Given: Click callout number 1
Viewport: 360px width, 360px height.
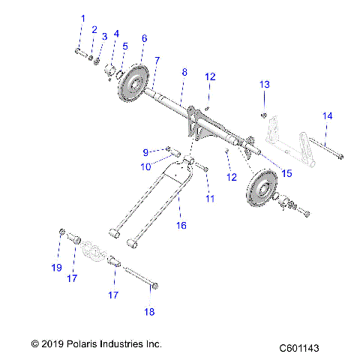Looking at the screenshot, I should pos(82,17).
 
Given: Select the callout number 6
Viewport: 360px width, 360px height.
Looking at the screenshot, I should pos(144,37).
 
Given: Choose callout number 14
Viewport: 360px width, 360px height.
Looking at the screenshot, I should pos(326,115).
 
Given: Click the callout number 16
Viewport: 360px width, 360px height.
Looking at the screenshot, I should pos(181,224).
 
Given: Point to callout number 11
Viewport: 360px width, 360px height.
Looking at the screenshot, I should pos(209,198).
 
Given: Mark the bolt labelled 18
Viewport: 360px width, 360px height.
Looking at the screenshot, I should pos(139,276).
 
